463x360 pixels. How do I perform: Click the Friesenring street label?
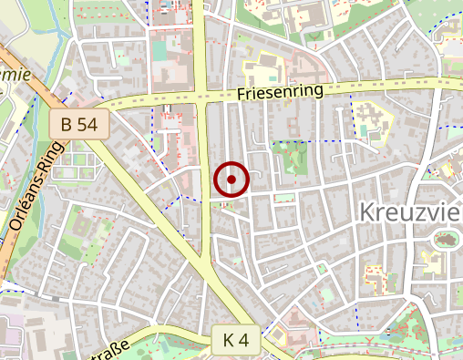280,92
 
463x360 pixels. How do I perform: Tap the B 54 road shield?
80,124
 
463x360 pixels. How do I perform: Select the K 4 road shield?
235,340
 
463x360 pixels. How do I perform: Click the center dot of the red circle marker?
231,180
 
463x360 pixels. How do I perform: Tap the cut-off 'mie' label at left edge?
16,75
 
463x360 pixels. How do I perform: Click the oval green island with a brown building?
447,241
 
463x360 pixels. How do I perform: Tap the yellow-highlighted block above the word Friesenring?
263,69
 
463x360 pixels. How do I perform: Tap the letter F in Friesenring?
240,95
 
